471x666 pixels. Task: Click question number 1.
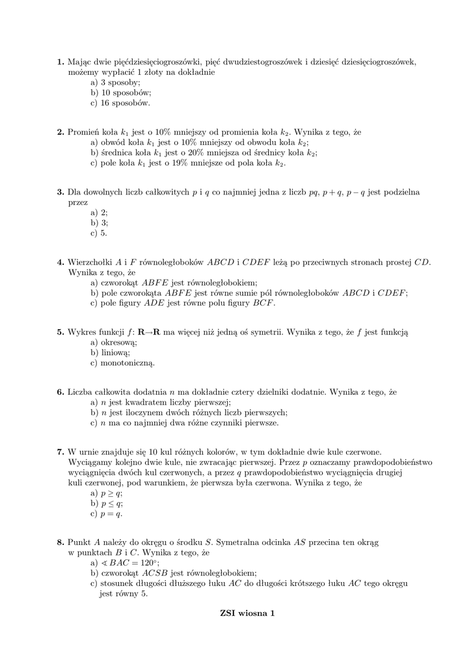tap(60, 62)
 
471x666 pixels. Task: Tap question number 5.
tap(60, 332)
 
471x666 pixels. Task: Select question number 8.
tap(60, 542)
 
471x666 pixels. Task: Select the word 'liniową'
tap(116, 353)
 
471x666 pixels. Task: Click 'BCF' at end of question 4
tap(263, 302)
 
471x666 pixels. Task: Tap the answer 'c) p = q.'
tap(107, 513)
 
